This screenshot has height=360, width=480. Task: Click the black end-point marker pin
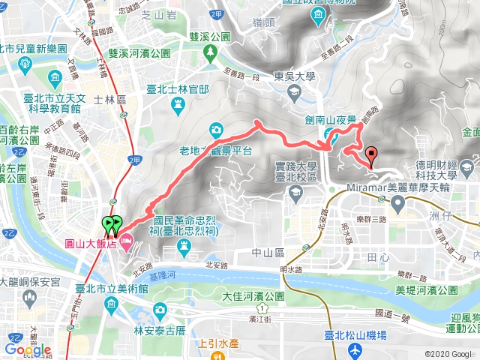click(370, 155)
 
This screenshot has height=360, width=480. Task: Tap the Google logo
click(28, 349)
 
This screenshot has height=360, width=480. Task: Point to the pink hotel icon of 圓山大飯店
click(125, 241)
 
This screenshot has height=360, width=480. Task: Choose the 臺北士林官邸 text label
click(178, 89)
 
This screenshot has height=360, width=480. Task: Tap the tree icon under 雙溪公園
click(211, 50)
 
